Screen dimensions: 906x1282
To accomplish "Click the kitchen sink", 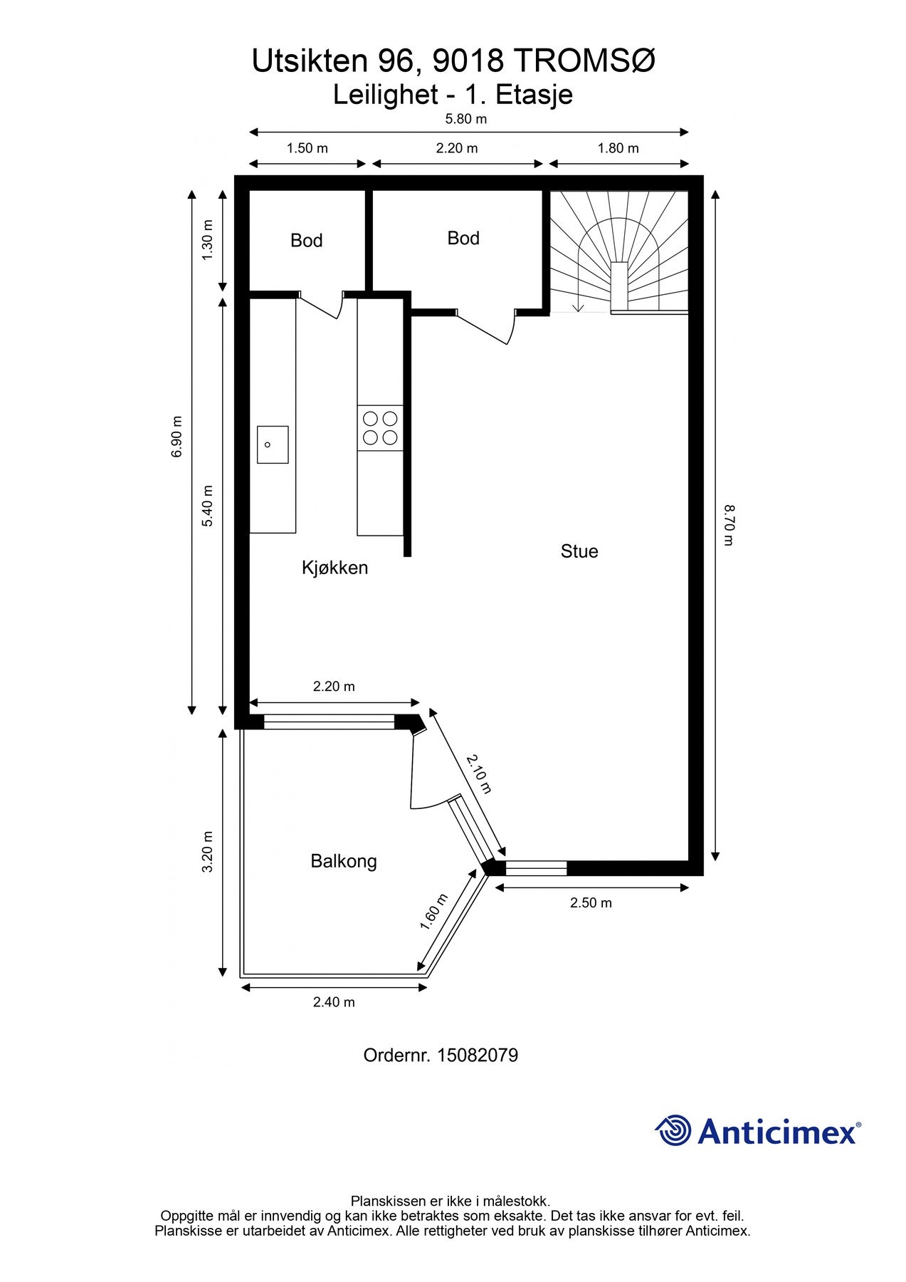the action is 273,444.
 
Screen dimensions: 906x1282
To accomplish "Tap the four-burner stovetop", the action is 380,428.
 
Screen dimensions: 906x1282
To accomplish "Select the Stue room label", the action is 579,551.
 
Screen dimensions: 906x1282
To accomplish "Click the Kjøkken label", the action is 335,568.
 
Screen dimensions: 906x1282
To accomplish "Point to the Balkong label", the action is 344,861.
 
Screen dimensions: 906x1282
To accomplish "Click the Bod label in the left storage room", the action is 307,241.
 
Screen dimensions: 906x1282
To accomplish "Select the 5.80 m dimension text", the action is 466,119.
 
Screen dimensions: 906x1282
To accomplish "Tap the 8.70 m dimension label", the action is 729,525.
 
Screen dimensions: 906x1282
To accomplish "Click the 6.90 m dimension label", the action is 177,437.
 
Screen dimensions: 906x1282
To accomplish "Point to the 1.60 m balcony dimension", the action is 433,912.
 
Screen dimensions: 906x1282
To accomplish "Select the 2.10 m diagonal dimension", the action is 479,773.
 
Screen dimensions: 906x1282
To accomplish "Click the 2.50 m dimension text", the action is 591,903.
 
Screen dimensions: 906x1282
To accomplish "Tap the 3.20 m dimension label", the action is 207,852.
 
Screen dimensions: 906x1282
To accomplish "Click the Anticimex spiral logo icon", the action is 673,1130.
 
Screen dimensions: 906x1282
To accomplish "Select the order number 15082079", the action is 478,1055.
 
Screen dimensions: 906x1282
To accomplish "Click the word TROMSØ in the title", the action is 584,61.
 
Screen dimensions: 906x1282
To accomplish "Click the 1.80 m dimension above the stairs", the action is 618,148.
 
